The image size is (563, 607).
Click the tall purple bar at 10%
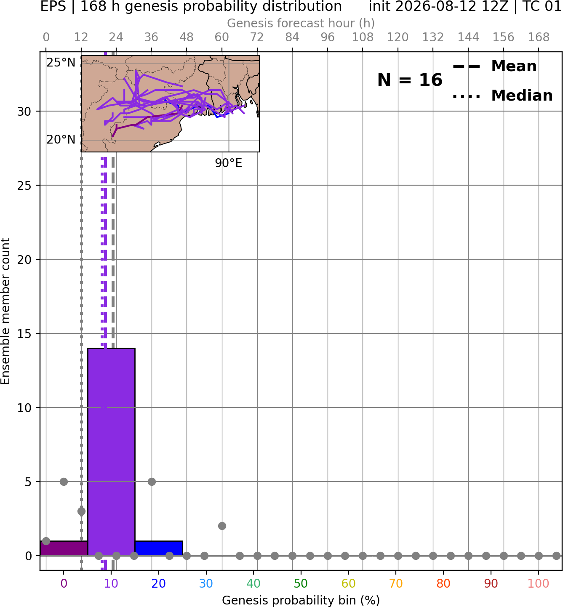(111, 451)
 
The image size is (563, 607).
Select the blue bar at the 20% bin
(159, 548)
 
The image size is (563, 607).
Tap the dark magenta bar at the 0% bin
(64, 548)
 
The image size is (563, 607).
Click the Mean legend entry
(494, 66)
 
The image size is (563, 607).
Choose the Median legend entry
(502, 96)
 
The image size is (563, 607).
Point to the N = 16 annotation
(410, 80)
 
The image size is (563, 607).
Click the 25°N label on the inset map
(61, 63)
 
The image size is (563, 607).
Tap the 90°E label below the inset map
(228, 163)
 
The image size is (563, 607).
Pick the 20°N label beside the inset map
(61, 140)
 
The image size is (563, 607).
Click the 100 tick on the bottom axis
(538, 583)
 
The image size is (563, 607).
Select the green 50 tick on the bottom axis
(301, 583)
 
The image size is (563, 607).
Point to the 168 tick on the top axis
(539, 37)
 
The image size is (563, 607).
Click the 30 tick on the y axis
(24, 112)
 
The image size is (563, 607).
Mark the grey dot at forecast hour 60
(222, 526)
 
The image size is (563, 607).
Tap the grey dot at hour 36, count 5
(152, 482)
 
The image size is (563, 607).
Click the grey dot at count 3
(81, 511)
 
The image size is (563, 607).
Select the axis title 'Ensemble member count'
(5, 311)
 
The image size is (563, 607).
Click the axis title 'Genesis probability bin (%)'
(301, 600)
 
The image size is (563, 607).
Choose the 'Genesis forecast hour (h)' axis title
(301, 23)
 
